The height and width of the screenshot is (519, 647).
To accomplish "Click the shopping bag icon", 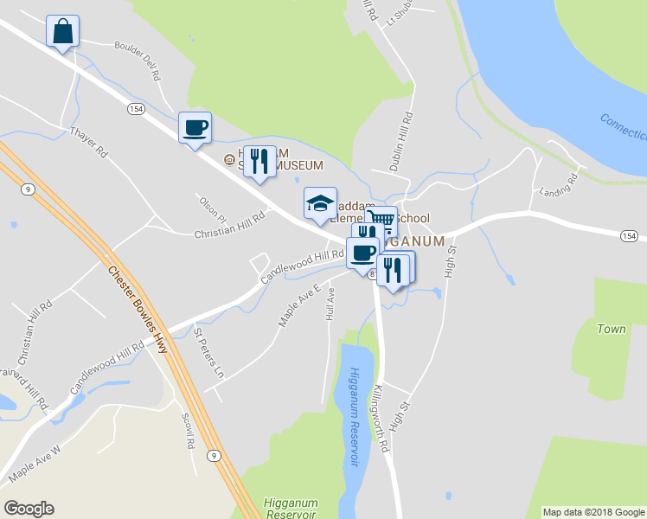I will [x=62, y=31].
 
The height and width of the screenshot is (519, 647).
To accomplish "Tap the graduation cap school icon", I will [x=320, y=204].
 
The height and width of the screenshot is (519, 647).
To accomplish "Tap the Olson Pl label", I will [x=212, y=207].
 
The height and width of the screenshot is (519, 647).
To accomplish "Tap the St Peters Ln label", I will [x=208, y=354].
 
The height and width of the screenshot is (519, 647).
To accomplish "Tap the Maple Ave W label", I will [x=35, y=463].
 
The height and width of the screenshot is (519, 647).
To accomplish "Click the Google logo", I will [x=29, y=509].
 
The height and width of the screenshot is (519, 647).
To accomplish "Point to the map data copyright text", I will [x=593, y=512].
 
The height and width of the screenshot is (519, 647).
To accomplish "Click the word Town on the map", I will [x=611, y=329].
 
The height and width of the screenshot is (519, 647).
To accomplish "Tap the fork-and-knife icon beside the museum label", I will [x=259, y=161].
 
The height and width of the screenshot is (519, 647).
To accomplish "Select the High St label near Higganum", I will [x=449, y=259].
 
